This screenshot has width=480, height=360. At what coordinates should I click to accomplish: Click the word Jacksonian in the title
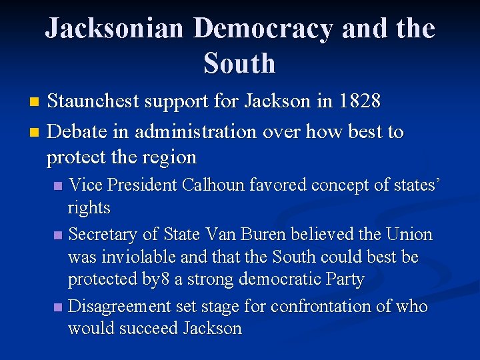pyautogui.click(x=114, y=29)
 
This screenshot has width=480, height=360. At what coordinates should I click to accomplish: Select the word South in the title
pyautogui.click(x=239, y=63)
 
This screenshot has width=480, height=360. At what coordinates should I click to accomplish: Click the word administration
pyautogui.click(x=196, y=131)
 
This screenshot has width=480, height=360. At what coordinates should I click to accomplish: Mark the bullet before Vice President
pyautogui.click(x=59, y=185)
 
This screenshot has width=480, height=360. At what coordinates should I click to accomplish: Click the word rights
pyautogui.click(x=89, y=208)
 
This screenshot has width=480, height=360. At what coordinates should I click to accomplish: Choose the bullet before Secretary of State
pyautogui.click(x=59, y=235)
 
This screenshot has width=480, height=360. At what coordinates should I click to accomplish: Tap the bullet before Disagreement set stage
pyautogui.click(x=59, y=307)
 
